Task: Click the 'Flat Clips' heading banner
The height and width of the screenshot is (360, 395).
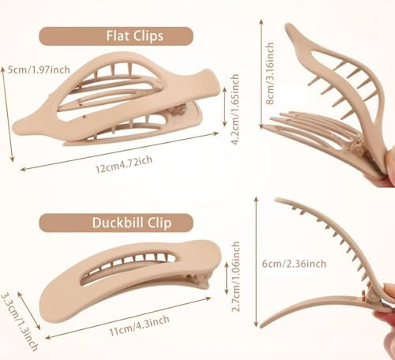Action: coord(116,36)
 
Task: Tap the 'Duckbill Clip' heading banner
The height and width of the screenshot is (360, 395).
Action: coord(116,223)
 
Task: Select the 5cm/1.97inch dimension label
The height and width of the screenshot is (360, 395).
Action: coord(39,69)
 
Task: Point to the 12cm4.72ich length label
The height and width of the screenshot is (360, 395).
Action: coord(124,164)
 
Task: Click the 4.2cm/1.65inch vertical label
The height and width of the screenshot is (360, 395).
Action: coord(235,109)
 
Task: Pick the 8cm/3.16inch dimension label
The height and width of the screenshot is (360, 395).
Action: coord(270,73)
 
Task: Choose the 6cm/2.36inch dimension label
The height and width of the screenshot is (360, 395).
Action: coord(294,264)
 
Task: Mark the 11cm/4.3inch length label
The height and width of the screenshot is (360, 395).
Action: coord(139,325)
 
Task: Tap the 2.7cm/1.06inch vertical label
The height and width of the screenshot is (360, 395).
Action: coord(235,276)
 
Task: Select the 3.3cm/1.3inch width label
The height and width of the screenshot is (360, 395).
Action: coord(19,321)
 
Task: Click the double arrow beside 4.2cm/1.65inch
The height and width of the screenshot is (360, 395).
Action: coord(224,107)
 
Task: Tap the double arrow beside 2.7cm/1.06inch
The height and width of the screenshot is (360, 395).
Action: coord(227,279)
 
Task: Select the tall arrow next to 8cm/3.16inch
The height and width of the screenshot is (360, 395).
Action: coord(261,74)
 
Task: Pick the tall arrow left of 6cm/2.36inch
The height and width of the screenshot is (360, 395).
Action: coord(256,262)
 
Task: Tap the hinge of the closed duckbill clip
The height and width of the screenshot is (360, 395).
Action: coord(200,280)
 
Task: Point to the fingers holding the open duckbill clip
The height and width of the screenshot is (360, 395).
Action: coord(386,310)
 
